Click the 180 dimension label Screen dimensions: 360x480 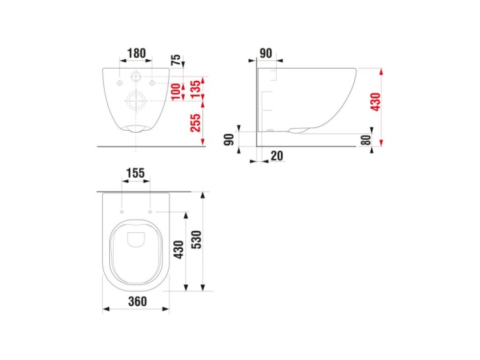(x=136, y=53)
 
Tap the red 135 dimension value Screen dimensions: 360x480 (x=195, y=90)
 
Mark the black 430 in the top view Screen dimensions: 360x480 (x=178, y=249)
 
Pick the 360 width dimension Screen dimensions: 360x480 (x=137, y=302)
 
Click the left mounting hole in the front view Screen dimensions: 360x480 (x=119, y=82)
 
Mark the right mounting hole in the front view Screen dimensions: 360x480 (x=152, y=82)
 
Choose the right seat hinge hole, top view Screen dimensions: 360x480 (x=150, y=212)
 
